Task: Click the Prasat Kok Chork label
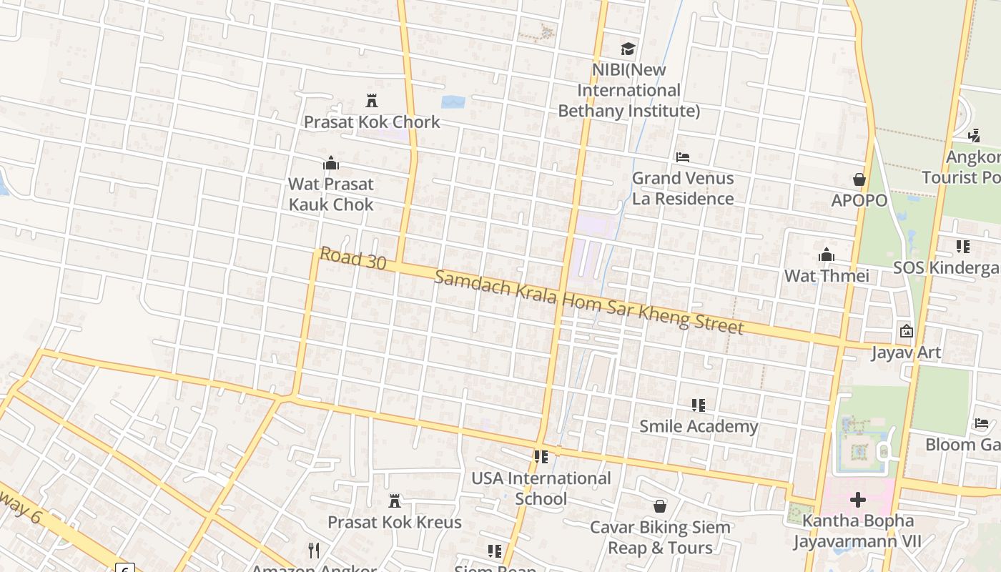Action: point(372,122)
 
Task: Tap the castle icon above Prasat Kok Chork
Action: point(372,100)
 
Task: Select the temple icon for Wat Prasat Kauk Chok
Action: point(330,163)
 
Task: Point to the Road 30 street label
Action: point(352,258)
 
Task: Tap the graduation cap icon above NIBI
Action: point(628,49)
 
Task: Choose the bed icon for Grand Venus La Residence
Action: point(683,157)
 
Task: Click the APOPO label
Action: point(859,200)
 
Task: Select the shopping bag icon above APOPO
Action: point(859,179)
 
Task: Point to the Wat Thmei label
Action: point(827,275)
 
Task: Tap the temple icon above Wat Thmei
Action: point(827,255)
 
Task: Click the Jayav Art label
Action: point(906,352)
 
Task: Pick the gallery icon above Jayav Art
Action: point(907,331)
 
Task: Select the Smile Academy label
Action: point(699,426)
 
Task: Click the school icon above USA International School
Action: point(541,456)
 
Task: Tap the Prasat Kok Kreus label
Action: point(395,522)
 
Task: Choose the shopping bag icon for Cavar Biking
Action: point(660,506)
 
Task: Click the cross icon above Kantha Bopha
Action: point(857,499)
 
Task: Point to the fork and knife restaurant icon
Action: point(313,550)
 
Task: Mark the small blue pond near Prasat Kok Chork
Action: point(453,102)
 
